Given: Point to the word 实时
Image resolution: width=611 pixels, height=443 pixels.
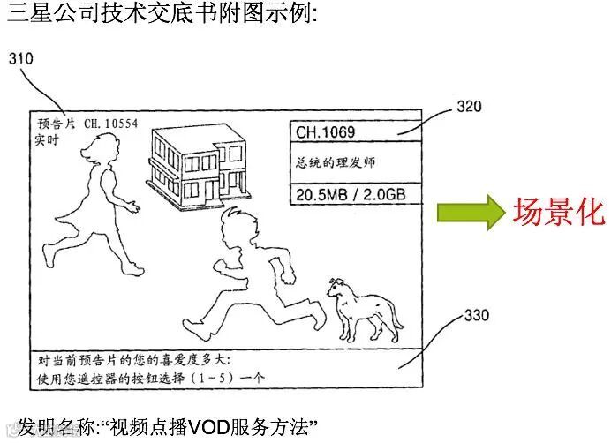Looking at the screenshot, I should [48, 139].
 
